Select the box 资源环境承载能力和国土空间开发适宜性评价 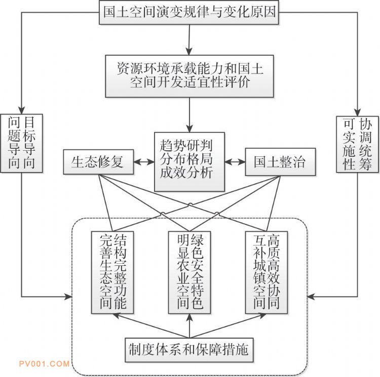189,75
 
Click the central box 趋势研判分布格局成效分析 189,162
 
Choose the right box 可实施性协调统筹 358,144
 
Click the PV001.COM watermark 44,364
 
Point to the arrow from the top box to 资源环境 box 189,39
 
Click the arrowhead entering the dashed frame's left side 69,295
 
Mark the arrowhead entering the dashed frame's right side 312,295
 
